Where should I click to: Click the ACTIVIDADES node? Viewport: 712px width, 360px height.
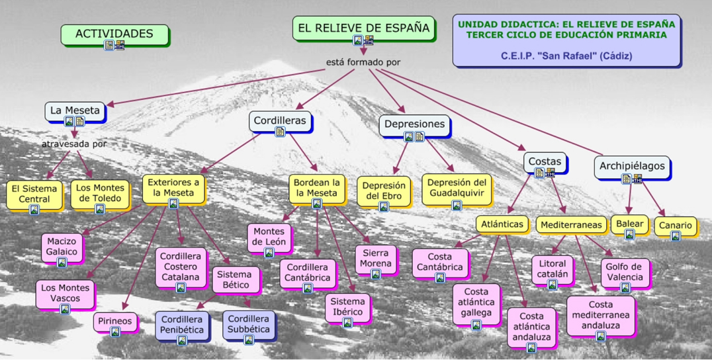(x=114, y=34)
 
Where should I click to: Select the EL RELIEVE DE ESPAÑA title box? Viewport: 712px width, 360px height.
(x=363, y=28)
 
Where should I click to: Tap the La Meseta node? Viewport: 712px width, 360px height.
(x=75, y=111)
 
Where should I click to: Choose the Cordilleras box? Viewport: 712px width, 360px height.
(x=280, y=121)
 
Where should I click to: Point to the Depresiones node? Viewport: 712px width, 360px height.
(x=414, y=124)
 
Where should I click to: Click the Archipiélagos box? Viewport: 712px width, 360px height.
(x=632, y=167)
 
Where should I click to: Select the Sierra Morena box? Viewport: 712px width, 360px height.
(x=376, y=259)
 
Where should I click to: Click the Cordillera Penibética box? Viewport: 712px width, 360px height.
(x=182, y=324)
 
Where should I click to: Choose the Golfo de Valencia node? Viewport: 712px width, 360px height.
(x=625, y=272)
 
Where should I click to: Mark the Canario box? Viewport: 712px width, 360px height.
(x=675, y=226)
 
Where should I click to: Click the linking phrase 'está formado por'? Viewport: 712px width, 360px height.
(x=363, y=62)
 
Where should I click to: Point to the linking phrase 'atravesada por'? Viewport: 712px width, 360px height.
(x=74, y=144)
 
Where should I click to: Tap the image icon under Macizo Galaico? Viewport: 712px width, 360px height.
(x=62, y=263)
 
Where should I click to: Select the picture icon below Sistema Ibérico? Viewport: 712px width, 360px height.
(x=347, y=323)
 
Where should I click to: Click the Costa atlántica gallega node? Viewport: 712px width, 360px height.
(x=476, y=302)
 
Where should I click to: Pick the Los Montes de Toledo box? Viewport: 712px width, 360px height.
(x=100, y=193)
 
